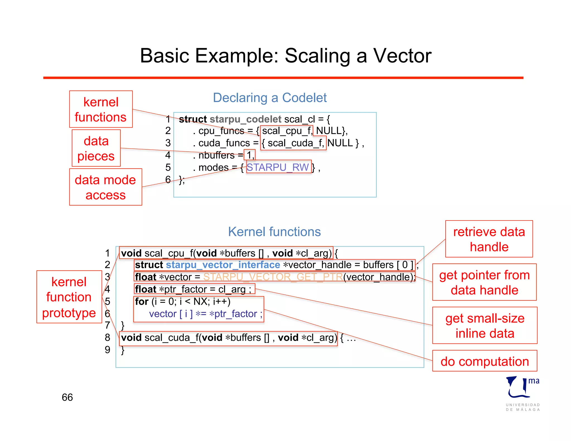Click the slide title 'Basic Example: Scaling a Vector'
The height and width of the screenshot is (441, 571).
[x=285, y=56]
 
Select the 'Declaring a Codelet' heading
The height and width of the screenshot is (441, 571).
[x=270, y=98]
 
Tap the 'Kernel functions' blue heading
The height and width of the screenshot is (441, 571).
[x=274, y=232]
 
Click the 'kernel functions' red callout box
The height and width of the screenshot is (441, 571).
[x=101, y=109]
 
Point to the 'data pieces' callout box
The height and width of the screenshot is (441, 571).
[x=96, y=148]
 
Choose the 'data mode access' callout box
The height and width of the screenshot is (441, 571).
[x=105, y=187]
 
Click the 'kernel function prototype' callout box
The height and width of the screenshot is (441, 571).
[x=69, y=297]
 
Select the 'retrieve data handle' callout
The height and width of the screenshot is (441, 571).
[x=489, y=239]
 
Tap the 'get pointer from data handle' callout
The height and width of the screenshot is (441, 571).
[x=484, y=282]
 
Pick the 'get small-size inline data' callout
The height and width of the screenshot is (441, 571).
[x=485, y=325]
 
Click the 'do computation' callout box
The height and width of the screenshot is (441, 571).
[x=485, y=361]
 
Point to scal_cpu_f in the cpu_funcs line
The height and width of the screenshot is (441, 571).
[x=286, y=131]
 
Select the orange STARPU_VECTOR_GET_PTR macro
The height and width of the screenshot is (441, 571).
[x=273, y=277]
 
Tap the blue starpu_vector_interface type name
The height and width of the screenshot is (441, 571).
[x=223, y=265]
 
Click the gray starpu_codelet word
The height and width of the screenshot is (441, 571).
[x=245, y=119]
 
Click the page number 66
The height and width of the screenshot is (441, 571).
[x=67, y=397]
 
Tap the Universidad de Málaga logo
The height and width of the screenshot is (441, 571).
[x=522, y=393]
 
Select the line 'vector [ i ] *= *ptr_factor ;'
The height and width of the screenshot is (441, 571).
[x=205, y=314]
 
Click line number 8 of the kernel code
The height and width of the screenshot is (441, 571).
[x=108, y=338]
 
